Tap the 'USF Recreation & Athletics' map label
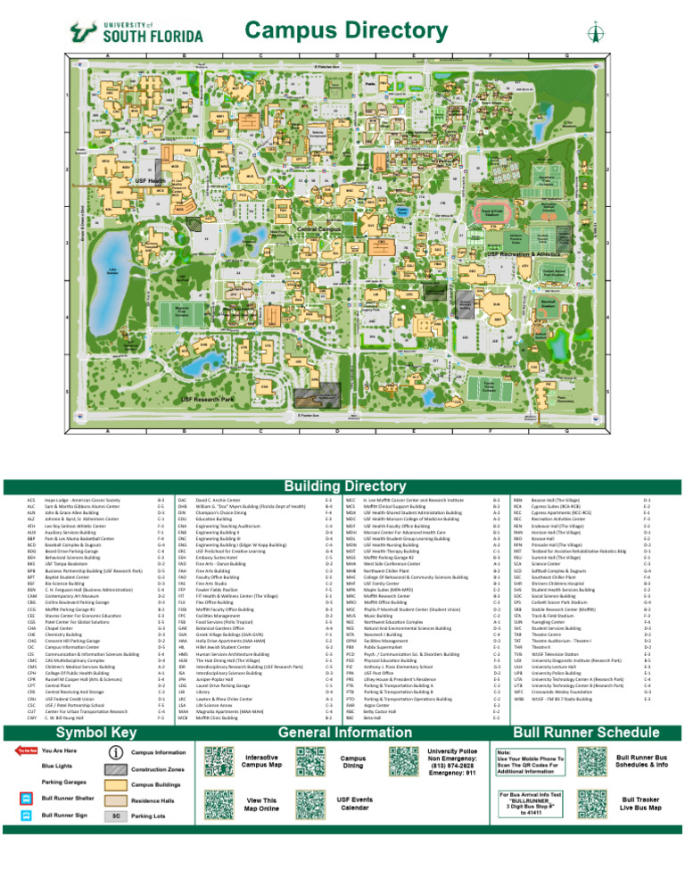(x=527, y=254)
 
